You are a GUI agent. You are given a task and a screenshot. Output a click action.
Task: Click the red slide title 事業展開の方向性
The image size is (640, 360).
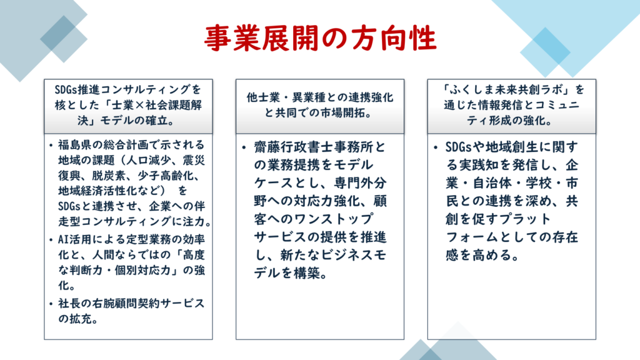(x=321, y=38)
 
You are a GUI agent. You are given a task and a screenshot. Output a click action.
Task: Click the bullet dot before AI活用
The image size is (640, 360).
(x=51, y=239)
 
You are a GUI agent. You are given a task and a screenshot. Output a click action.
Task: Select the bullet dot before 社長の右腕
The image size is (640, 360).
(x=51, y=304)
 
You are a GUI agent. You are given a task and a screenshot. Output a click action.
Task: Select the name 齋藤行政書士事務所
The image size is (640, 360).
(x=313, y=147)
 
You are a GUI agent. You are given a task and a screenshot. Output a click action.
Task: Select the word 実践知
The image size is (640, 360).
(x=478, y=165)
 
